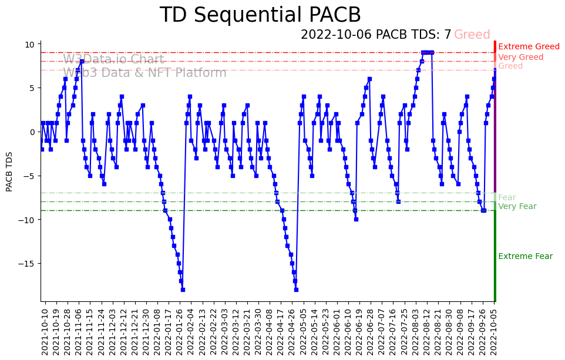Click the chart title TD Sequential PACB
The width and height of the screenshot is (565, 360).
coord(260,15)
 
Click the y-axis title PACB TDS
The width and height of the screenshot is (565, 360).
coord(9,171)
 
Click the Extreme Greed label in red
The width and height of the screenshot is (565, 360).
coord(529,46)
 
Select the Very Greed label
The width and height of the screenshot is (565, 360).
coord(520,57)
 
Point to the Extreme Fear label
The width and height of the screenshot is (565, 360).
coord(525,256)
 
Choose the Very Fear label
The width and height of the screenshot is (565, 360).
coord(517,206)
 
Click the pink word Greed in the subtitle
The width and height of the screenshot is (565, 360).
coord(472,35)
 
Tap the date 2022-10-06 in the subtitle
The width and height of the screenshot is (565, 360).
coord(336,35)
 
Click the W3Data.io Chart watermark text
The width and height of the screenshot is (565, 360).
coord(113,59)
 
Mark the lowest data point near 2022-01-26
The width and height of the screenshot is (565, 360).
coord(183,290)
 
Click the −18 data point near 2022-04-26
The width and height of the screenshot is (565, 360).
coord(296,290)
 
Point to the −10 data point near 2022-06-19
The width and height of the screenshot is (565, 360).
coord(356,219)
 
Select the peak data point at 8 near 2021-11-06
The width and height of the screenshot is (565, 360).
coord(82,61)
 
